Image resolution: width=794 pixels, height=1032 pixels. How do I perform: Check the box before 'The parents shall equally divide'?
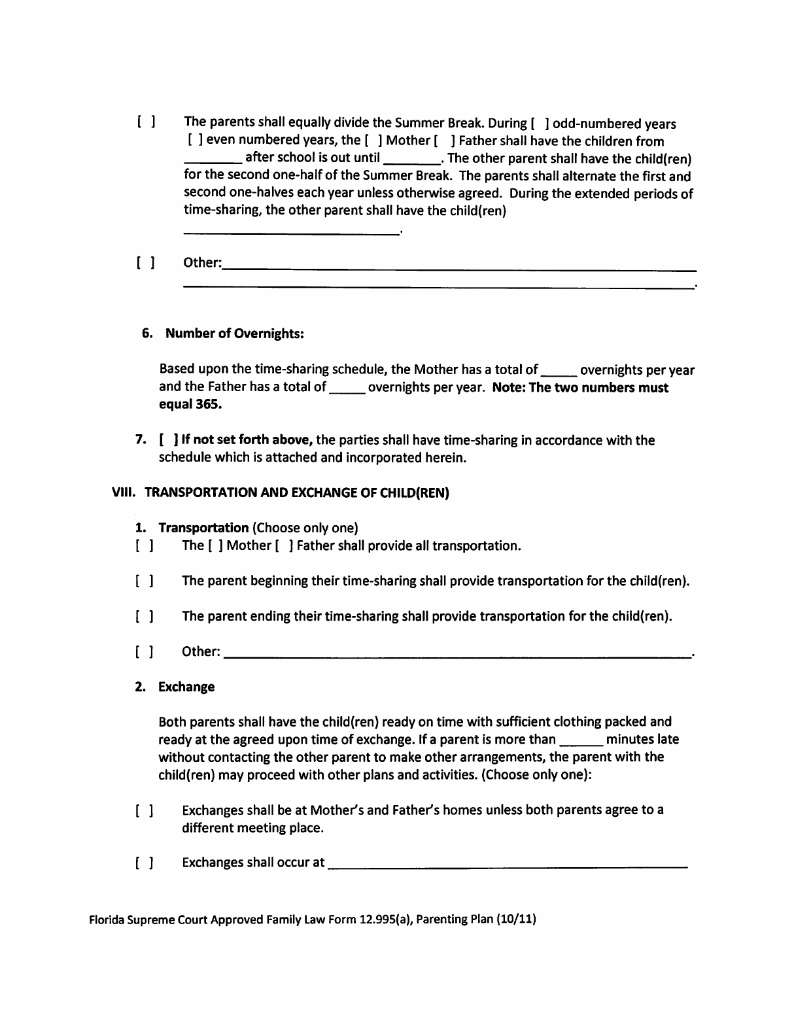(146, 122)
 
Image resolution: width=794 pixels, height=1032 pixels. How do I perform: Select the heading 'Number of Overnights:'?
(235, 334)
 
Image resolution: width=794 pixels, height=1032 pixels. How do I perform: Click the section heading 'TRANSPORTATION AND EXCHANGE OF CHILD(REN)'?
(296, 493)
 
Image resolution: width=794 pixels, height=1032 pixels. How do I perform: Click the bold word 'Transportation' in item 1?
(203, 528)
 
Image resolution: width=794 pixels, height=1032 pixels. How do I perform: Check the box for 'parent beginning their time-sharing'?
(145, 581)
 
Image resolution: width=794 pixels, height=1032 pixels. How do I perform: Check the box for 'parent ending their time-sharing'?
(145, 617)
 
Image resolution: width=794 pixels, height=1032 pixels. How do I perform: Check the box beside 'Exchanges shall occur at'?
(145, 863)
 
